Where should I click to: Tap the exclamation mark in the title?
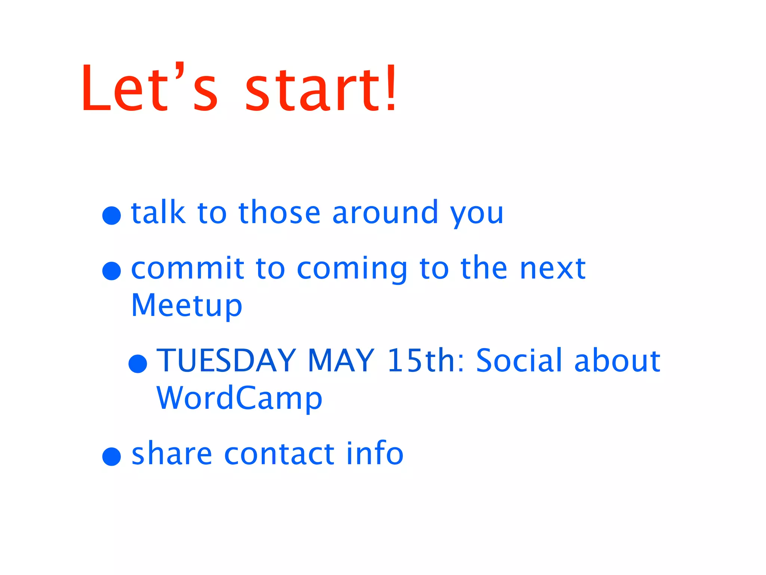[x=391, y=88]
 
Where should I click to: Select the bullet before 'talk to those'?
[x=111, y=215]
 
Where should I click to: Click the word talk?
[x=158, y=212]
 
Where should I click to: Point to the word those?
[x=279, y=212]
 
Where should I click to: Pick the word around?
[x=385, y=212]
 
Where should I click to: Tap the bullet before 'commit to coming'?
[x=111, y=271]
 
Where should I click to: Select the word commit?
[x=187, y=268]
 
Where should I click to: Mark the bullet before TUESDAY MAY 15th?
[x=138, y=363]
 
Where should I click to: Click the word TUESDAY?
[x=226, y=360]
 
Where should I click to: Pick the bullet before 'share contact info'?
[x=111, y=456]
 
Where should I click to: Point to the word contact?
[x=279, y=454]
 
